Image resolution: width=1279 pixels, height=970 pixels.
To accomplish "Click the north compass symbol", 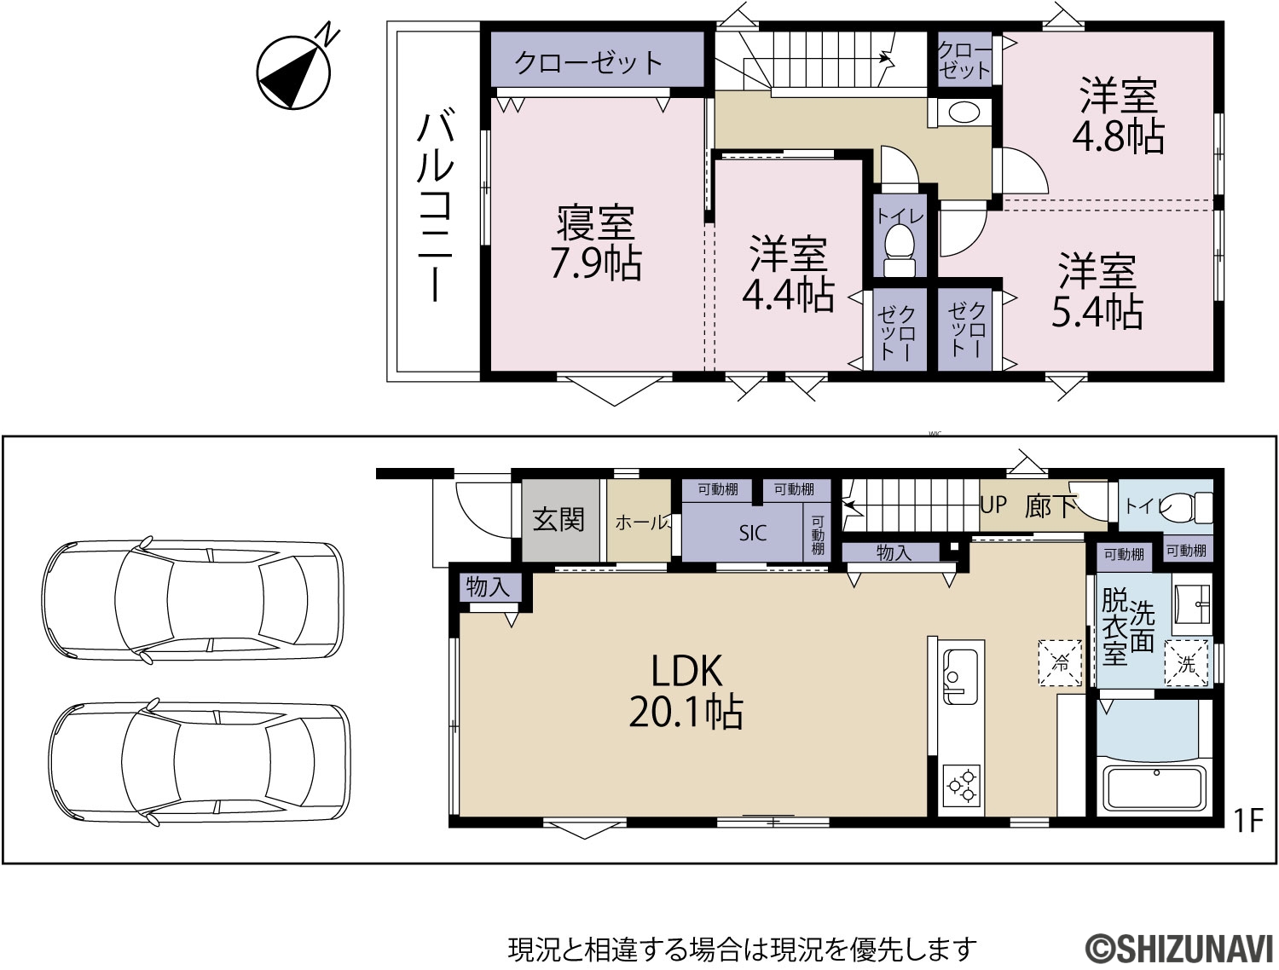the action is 293,72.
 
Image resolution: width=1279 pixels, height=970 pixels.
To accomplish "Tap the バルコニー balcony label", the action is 435,208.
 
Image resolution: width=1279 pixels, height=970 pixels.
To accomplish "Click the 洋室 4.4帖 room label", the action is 788,273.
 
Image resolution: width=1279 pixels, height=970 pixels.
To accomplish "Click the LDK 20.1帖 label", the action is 686,691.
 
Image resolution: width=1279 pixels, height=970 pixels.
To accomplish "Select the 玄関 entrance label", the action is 558,519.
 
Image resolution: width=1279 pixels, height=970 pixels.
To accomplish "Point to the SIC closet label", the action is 753,534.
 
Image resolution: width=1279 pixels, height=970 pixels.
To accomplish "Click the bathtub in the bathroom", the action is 1155,789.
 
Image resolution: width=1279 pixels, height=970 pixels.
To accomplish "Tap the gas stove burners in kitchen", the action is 962,785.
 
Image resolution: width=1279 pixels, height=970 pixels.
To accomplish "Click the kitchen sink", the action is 961,676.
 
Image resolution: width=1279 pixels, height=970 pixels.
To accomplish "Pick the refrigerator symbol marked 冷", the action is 1060,662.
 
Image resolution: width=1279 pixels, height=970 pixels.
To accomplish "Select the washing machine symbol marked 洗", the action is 1186,664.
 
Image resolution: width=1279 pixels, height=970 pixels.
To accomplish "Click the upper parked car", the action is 193,600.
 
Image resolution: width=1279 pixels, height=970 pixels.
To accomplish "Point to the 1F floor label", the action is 1247,822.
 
